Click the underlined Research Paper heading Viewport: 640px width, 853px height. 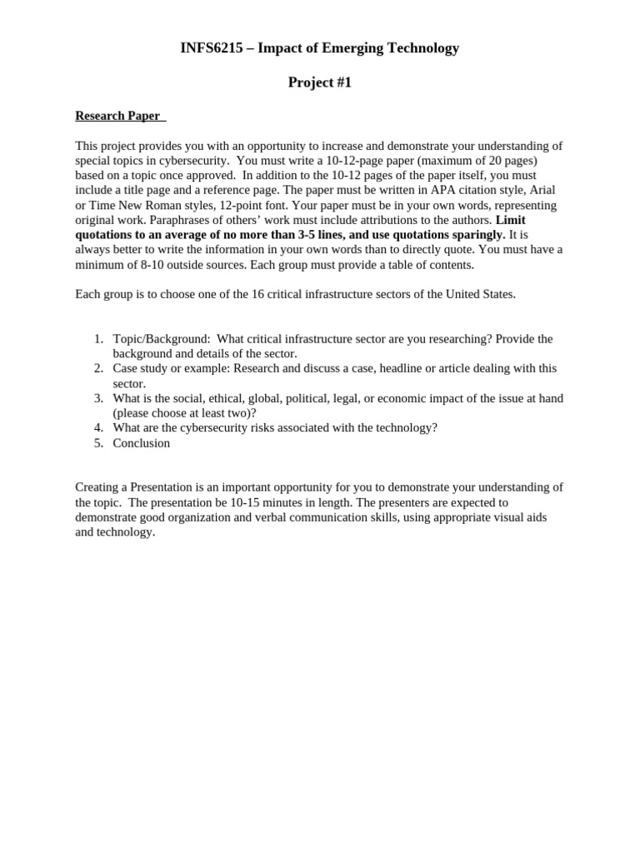[117, 116]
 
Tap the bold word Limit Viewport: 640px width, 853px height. [510, 220]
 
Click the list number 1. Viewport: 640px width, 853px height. [97, 339]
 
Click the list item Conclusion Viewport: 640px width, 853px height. [142, 443]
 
